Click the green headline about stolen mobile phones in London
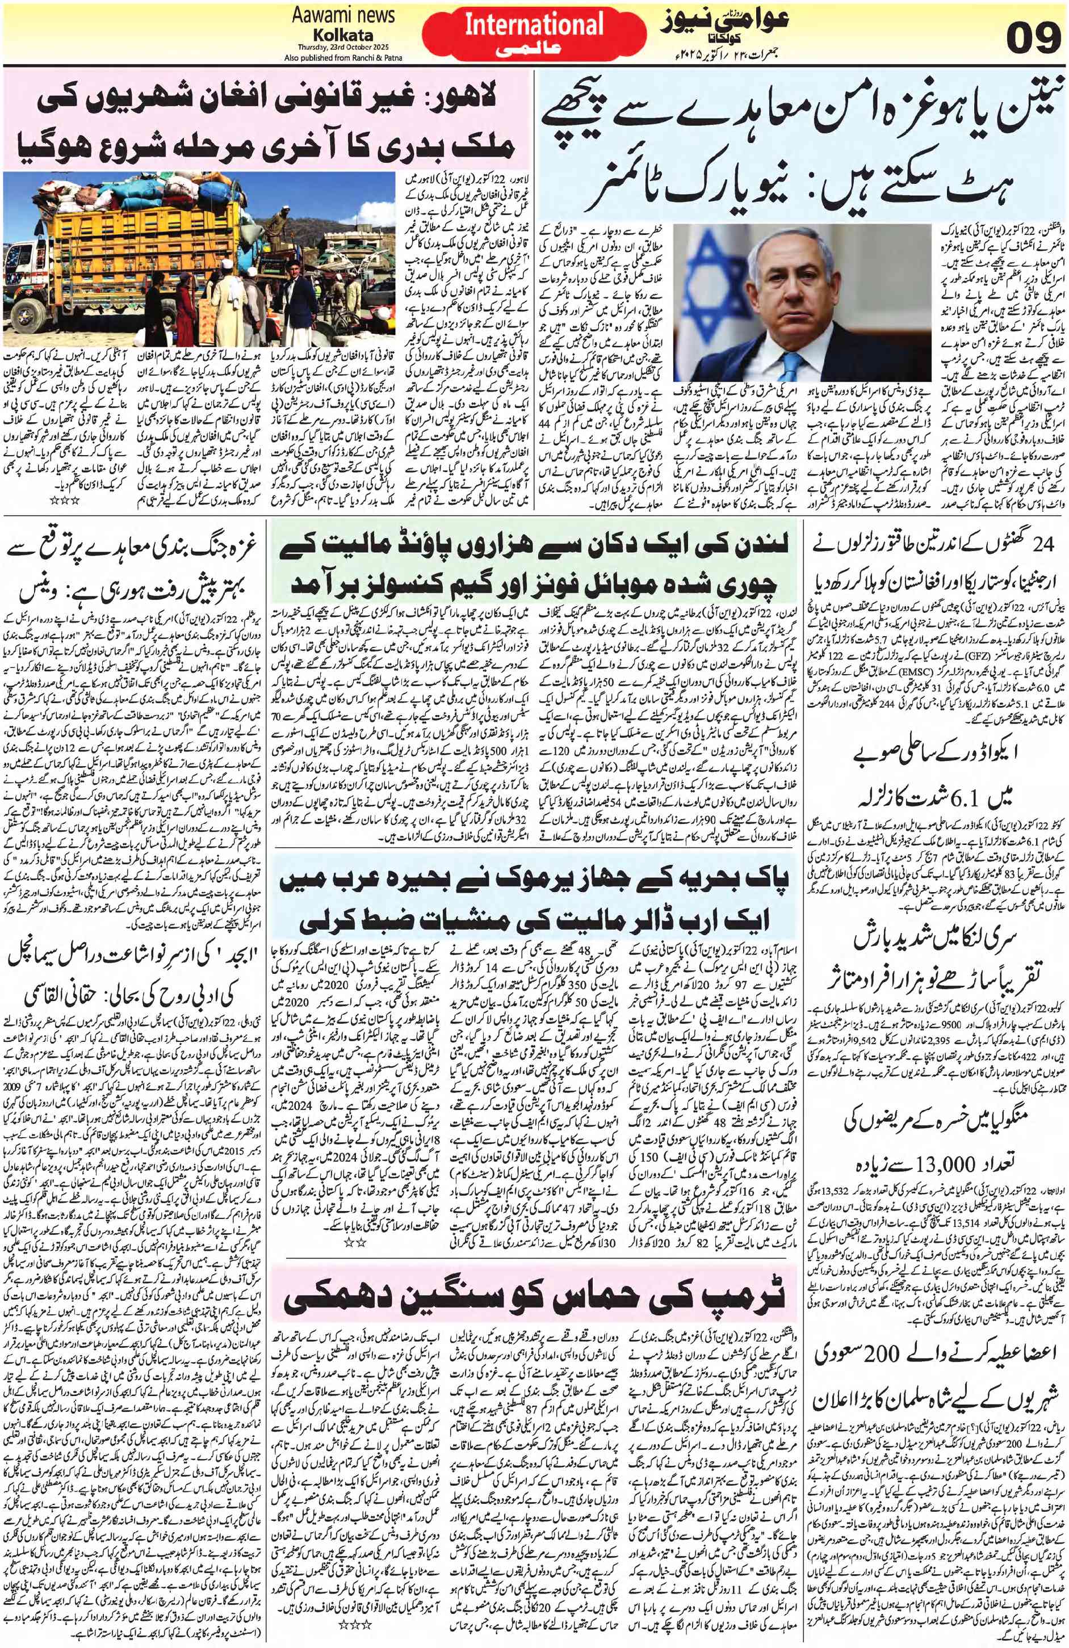pyautogui.click(x=534, y=572)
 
